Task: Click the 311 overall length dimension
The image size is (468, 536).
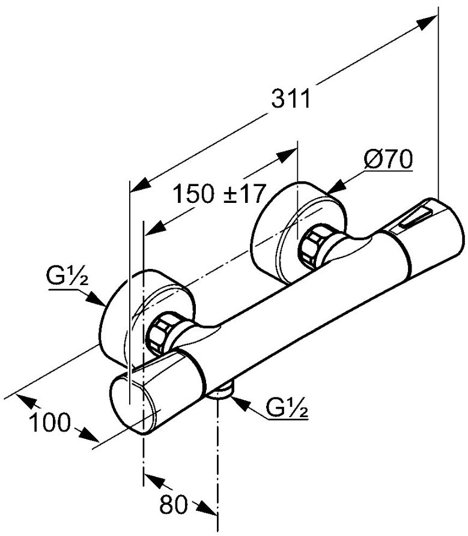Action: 291,99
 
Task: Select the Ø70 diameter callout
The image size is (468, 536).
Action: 389,159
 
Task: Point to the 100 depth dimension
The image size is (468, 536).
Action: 50,422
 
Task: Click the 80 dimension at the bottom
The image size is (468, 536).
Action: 174,504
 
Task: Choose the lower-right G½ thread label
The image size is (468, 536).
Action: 287,407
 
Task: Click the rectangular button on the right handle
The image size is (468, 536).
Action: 415,218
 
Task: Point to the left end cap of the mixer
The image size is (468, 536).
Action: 132,404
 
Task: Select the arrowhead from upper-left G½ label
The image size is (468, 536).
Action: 95,298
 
